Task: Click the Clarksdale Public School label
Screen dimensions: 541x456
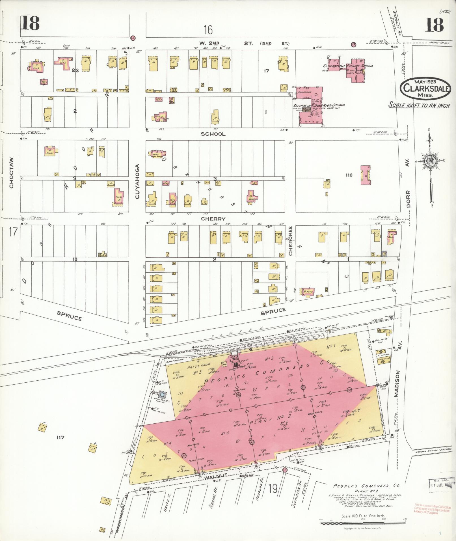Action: point(348,66)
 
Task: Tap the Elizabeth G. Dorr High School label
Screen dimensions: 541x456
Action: point(319,105)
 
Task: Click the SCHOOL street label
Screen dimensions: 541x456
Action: point(213,134)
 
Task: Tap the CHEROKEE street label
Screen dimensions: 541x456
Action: point(290,240)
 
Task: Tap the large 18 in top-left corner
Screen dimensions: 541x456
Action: point(30,23)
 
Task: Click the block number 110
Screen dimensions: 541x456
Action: point(349,175)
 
